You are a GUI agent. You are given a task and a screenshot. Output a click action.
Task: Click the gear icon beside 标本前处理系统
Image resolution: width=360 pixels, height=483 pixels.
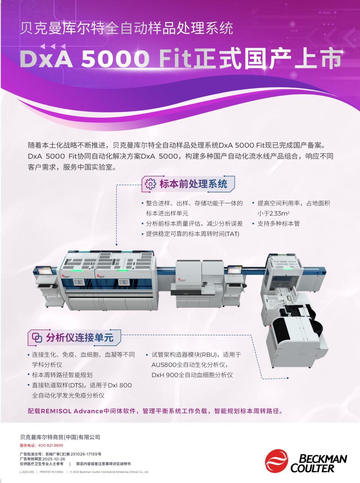click(150, 184)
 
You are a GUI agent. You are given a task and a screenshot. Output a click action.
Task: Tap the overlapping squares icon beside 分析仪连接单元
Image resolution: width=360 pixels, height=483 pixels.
click(37, 338)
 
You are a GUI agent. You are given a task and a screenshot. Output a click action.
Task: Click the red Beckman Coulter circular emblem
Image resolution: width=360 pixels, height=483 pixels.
click(276, 461)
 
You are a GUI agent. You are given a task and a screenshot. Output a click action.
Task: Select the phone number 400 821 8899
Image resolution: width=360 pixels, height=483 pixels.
click(50, 445)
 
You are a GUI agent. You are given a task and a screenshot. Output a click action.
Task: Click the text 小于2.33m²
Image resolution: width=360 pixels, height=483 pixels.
click(273, 213)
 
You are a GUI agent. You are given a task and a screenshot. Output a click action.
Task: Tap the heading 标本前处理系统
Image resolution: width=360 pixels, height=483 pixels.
click(193, 184)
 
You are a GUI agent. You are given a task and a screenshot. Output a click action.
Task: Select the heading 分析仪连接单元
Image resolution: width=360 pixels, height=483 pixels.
click(80, 338)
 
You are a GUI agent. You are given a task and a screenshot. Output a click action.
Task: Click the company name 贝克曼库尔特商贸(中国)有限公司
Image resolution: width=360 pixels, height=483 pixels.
click(60, 437)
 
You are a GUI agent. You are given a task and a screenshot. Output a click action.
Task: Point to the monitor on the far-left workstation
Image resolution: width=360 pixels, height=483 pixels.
click(44, 270)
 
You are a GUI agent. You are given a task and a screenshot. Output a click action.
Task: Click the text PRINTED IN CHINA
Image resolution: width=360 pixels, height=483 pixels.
click(51, 472)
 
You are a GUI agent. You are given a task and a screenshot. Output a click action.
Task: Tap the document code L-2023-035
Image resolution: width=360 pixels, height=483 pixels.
click(27, 472)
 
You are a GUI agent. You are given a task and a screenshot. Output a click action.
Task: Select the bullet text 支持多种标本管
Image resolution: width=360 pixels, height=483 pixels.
click(278, 224)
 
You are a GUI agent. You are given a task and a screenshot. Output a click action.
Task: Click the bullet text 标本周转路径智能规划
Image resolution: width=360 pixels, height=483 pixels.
click(62, 375)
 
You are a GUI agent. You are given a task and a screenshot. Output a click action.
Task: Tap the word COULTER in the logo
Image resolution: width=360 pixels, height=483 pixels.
click(312, 468)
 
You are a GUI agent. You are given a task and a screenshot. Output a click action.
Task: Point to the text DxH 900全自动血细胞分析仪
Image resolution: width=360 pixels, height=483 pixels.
click(192, 375)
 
